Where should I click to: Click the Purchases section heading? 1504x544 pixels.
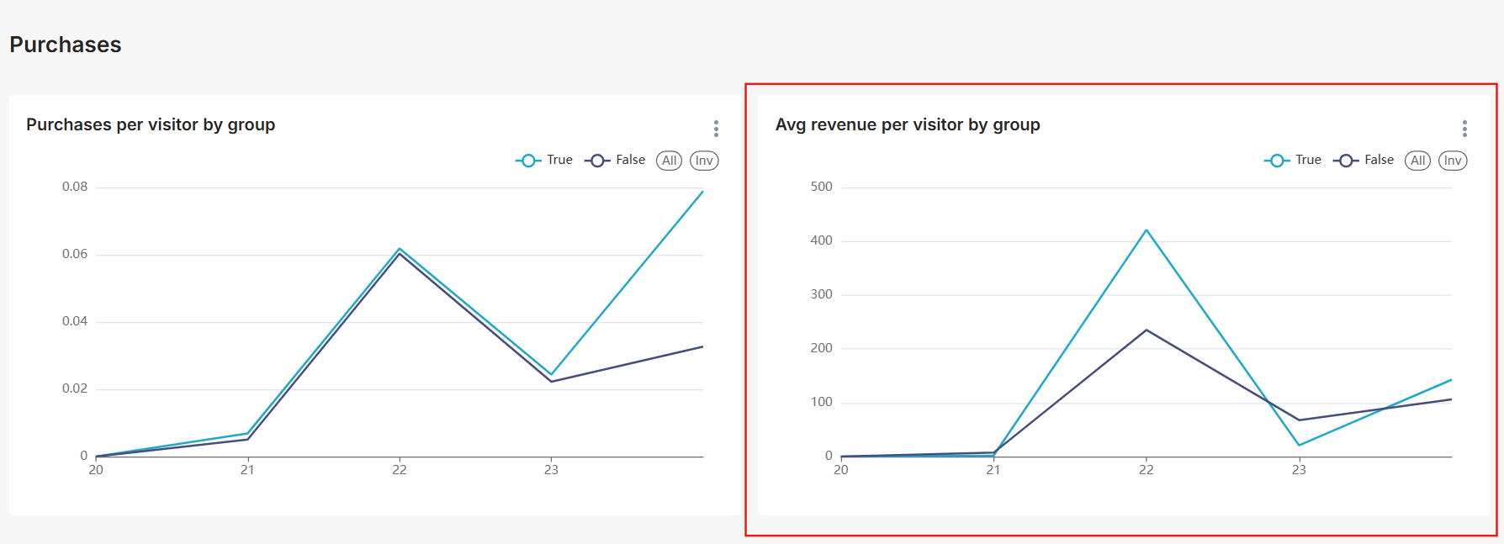point(66,45)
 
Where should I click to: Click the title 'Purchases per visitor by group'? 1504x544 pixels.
point(151,124)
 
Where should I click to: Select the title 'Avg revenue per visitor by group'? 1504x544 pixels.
point(908,124)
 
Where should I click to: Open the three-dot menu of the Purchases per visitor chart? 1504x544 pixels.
point(716,129)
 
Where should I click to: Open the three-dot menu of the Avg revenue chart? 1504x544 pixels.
point(1464,129)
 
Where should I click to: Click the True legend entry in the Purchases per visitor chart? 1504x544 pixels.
point(544,161)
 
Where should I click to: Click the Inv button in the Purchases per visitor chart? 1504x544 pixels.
point(704,161)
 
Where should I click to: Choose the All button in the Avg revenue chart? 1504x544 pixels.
point(1417,161)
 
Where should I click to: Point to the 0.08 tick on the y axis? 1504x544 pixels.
point(75,187)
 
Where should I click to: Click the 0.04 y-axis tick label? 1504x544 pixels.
point(75,321)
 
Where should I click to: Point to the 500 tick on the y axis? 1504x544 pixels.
point(821,187)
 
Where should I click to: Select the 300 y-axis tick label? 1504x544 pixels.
point(821,294)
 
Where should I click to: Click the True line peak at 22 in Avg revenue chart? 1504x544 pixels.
point(1147,230)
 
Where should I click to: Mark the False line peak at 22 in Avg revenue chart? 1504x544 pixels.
point(1147,330)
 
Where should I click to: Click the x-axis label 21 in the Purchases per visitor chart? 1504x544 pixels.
point(247,470)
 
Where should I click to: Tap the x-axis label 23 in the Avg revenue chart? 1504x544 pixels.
point(1299,470)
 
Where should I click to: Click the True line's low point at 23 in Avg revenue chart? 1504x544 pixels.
point(1299,445)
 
